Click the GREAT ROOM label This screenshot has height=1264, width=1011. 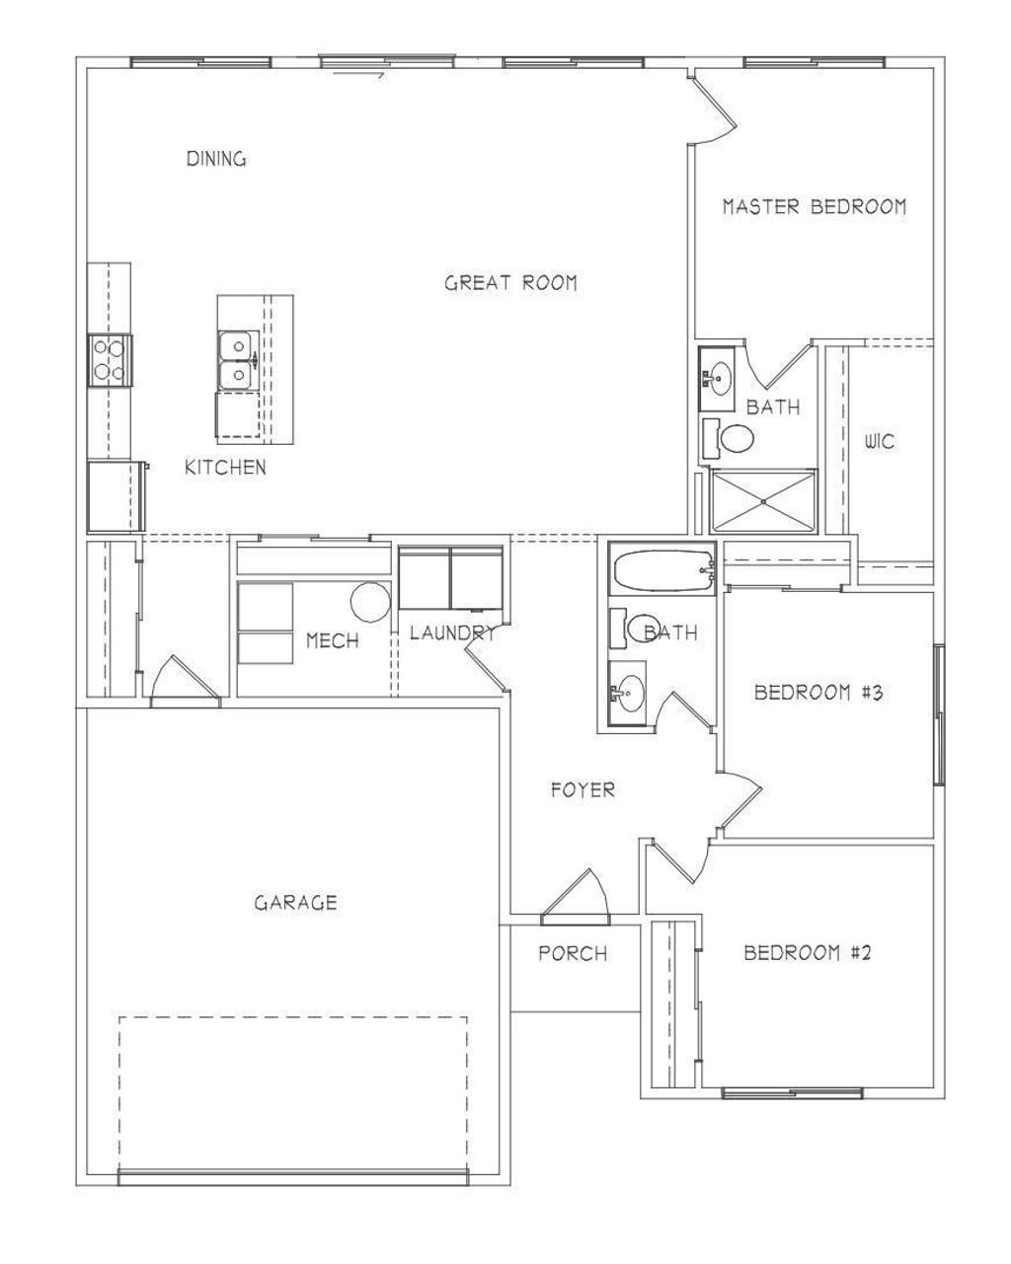510,283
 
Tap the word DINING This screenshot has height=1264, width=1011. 216,159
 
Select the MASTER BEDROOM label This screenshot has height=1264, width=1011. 814,207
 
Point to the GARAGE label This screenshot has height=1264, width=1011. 295,902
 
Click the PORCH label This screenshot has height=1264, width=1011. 573,954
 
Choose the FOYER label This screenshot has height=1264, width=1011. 583,789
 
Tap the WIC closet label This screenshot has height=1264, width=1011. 879,442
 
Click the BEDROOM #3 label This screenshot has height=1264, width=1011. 817,692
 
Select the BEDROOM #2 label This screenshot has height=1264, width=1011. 807,953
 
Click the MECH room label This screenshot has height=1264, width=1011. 332,641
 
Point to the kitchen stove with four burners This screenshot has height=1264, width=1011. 110,360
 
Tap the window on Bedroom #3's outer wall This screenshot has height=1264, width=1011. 939,715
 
